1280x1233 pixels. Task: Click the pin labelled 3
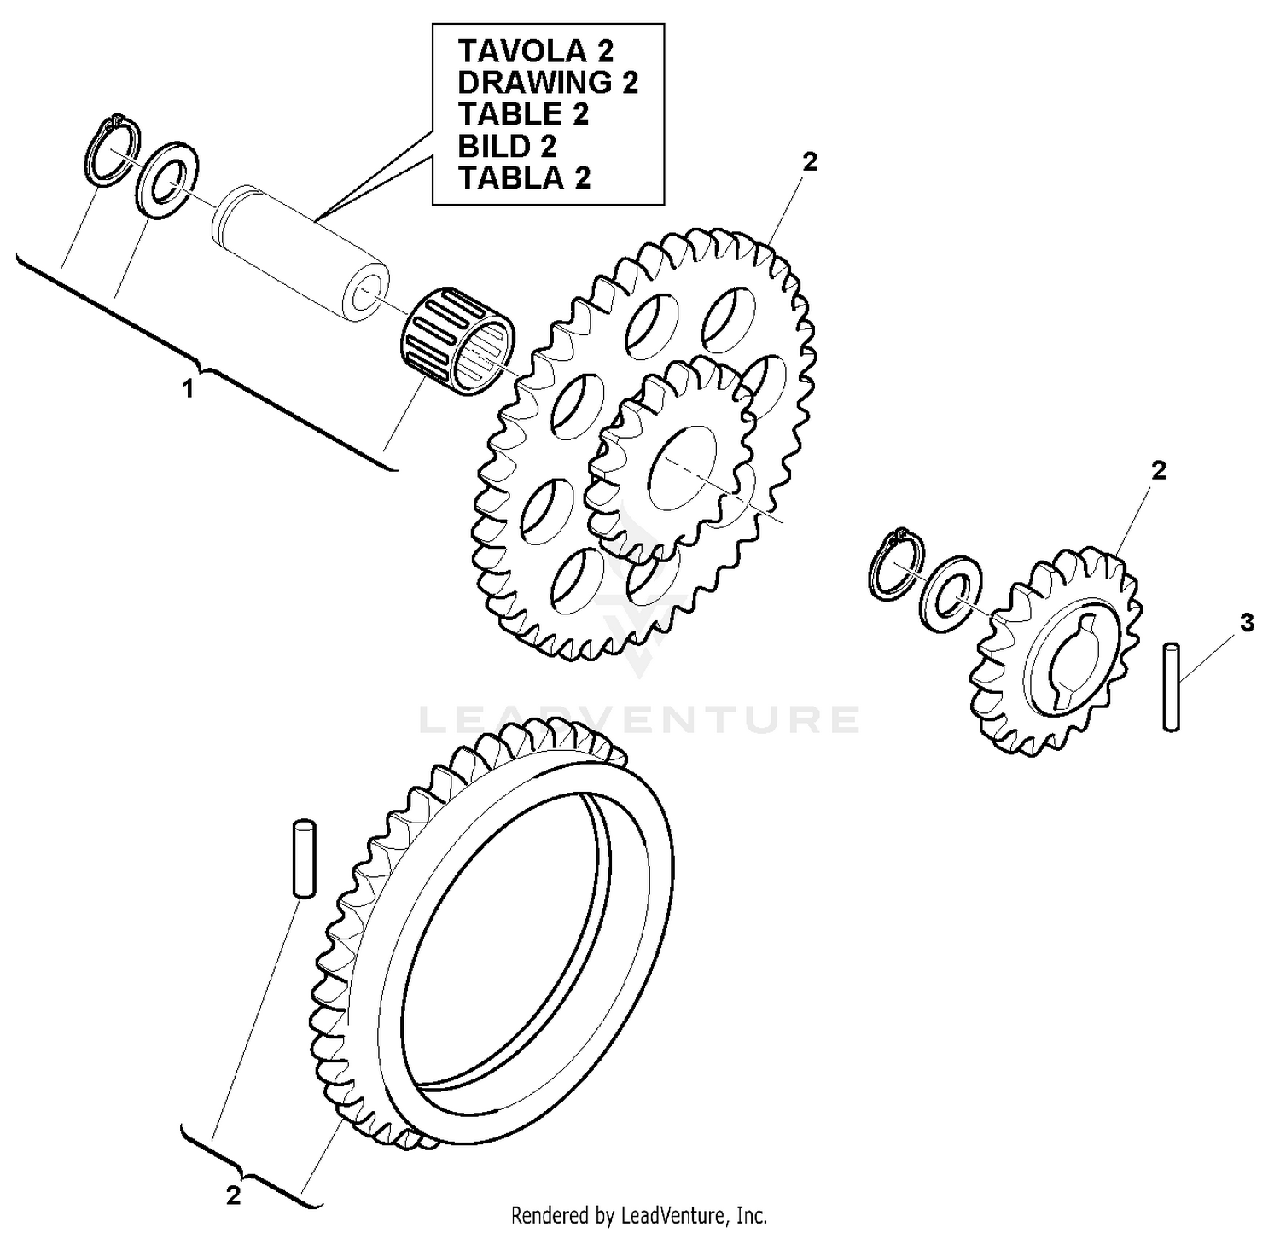click(1172, 686)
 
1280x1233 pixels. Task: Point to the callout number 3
click(1247, 624)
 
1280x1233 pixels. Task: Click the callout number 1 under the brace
click(187, 390)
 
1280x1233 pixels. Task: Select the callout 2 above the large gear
click(810, 161)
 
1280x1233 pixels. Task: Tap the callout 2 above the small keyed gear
click(1158, 470)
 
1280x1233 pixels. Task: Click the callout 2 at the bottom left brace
click(233, 1196)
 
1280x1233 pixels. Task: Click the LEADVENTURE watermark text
click(640, 719)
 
